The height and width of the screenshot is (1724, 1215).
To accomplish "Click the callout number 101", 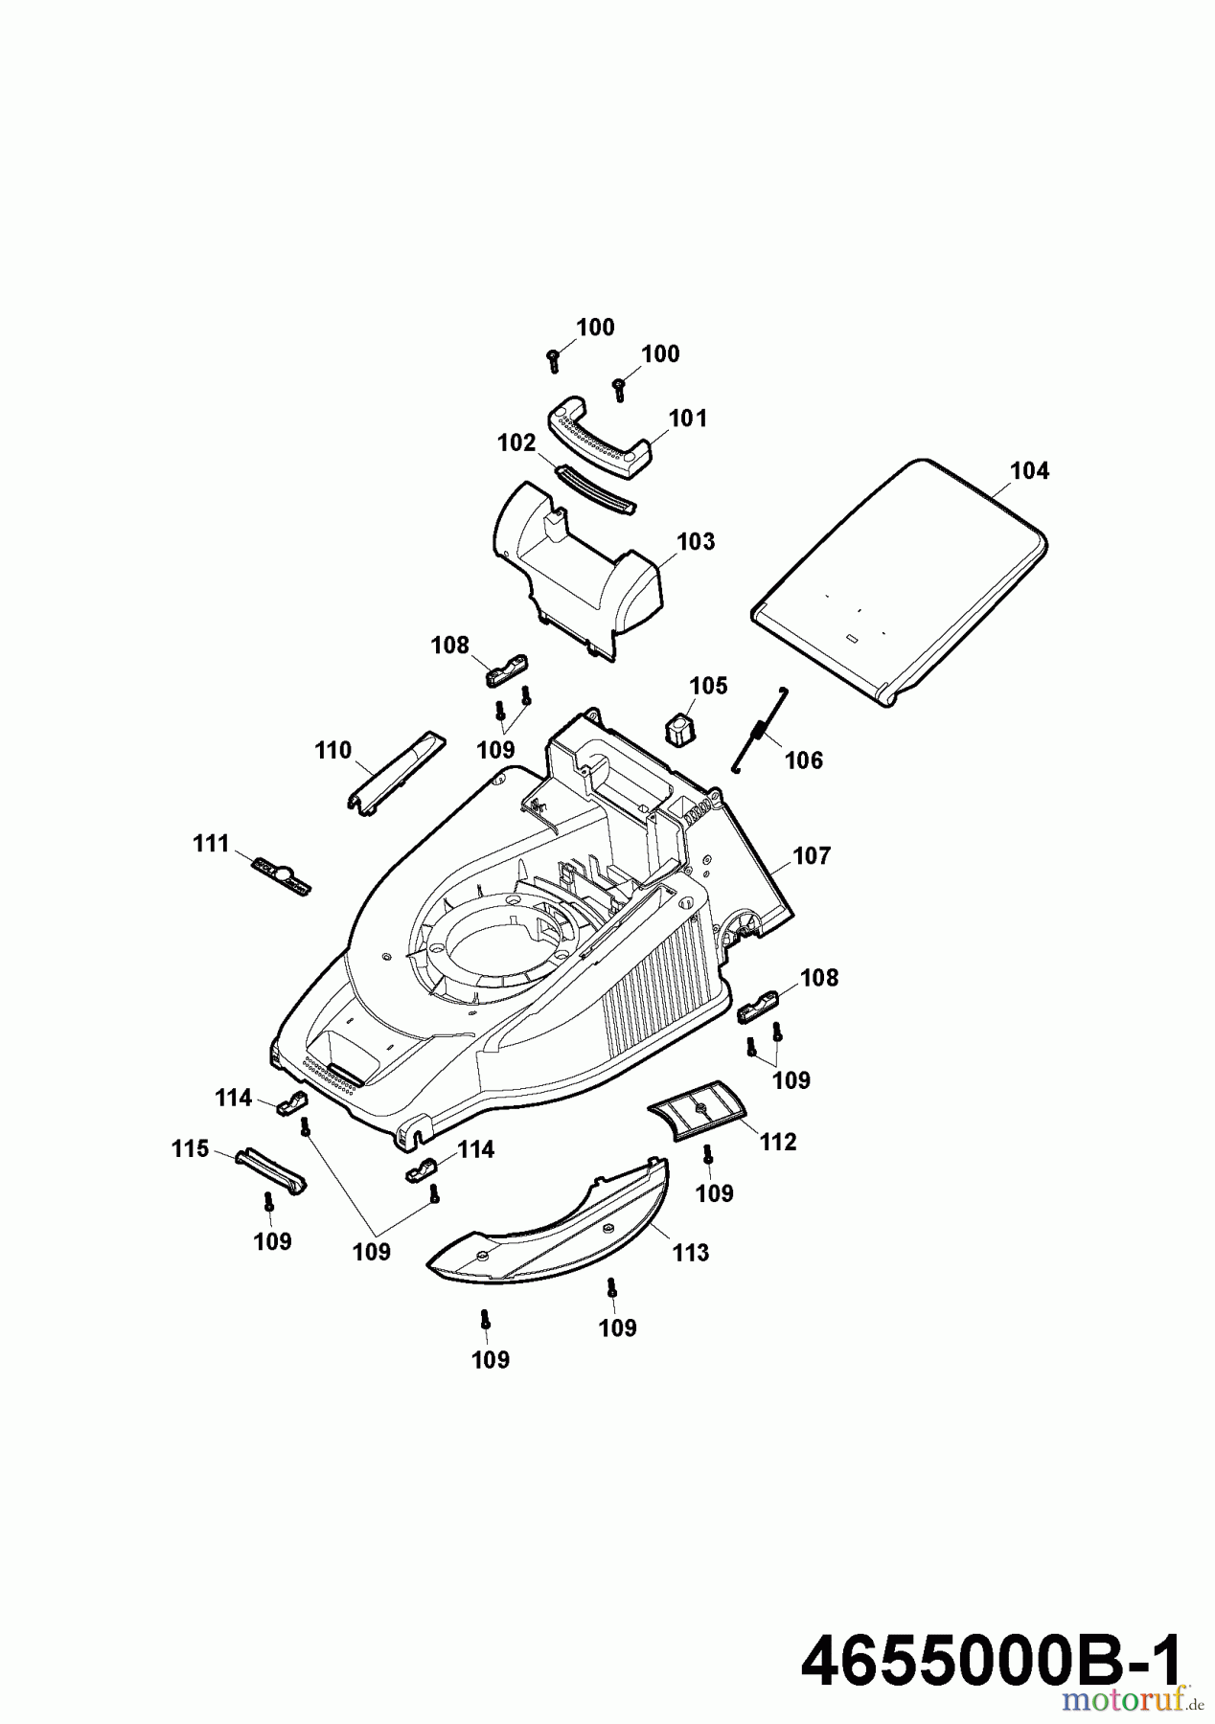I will point(687,419).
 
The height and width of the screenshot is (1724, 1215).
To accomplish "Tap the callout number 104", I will point(1029,470).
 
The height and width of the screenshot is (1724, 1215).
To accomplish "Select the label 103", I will point(696,542).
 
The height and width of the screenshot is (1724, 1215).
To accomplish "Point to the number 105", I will point(708,686).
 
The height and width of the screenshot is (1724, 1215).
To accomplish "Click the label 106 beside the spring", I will point(803,760).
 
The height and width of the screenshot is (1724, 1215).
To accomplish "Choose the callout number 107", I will point(812,855).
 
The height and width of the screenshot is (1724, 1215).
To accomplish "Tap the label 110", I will point(333,750).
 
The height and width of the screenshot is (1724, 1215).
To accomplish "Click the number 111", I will point(211,844).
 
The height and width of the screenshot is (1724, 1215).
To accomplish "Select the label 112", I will point(777,1142).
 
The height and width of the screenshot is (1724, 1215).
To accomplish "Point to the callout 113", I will point(690,1253).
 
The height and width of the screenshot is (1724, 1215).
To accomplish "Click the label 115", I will point(190,1148).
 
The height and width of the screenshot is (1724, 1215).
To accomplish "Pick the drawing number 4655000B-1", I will point(991,1662).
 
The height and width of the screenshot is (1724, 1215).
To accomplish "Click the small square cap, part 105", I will point(678,729).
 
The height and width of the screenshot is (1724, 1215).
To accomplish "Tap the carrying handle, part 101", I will point(600,438).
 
